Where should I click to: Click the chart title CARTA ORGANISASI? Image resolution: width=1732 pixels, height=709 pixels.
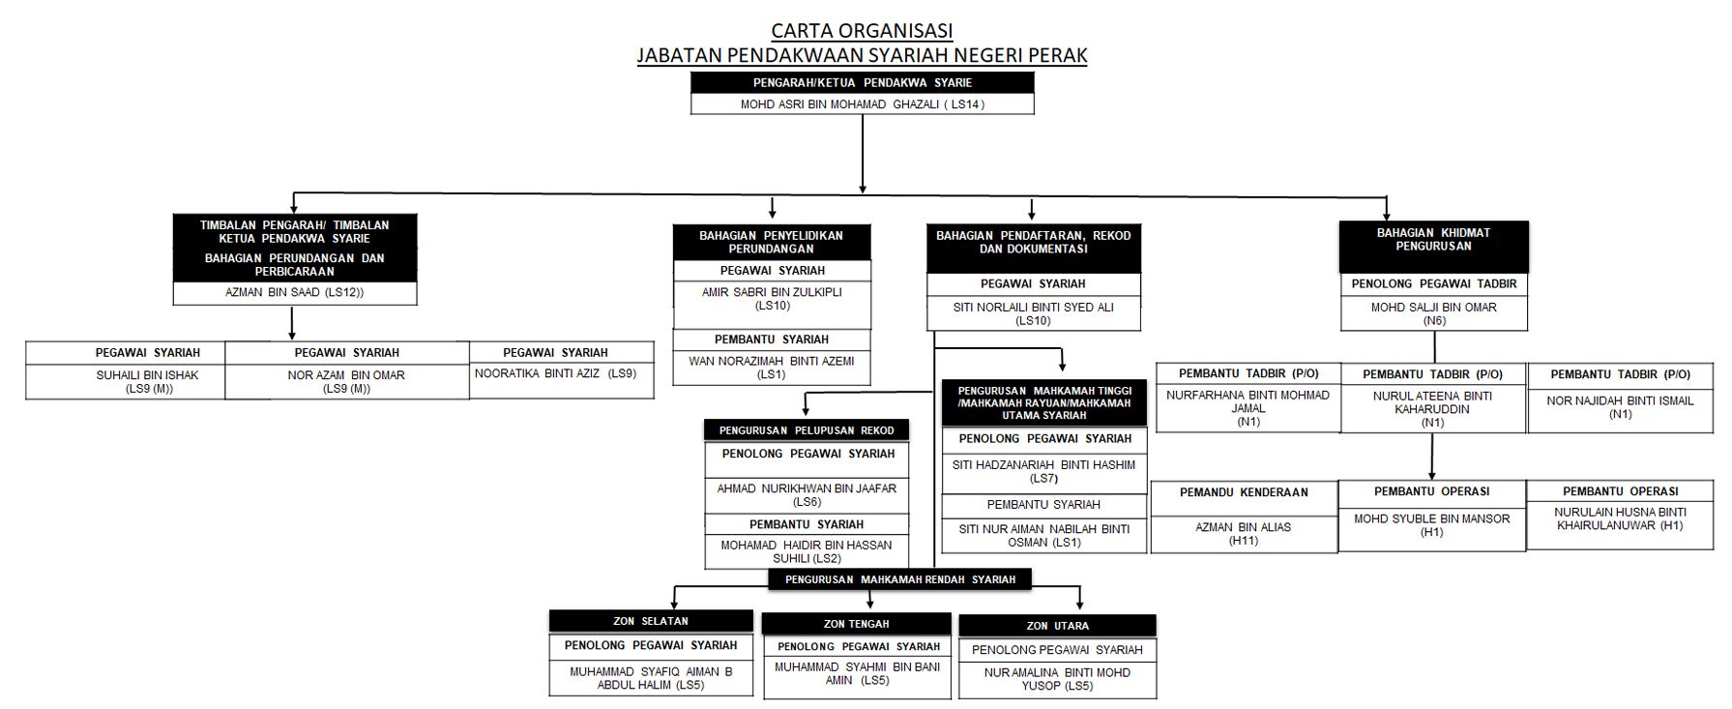pos(862,31)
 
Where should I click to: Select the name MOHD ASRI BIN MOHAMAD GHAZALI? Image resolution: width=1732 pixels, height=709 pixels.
pos(862,104)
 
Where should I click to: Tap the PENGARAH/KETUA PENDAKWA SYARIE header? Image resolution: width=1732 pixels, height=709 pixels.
pos(862,83)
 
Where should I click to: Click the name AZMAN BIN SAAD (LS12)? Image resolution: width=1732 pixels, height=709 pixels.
pos(294,292)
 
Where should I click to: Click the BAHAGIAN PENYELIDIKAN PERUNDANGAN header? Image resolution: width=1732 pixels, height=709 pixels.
pos(771,242)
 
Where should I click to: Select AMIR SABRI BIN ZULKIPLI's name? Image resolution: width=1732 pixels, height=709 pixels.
pos(772,298)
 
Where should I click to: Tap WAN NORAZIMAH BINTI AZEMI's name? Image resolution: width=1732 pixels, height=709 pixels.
pos(772,368)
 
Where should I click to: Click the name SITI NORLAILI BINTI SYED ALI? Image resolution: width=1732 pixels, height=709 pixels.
pos(1034,313)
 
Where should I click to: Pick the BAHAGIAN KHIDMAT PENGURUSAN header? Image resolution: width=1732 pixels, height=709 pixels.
pos(1433,240)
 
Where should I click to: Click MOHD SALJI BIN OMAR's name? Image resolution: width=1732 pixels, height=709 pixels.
pos(1433,313)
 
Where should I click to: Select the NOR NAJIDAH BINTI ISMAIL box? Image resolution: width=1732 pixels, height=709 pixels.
pos(1620,406)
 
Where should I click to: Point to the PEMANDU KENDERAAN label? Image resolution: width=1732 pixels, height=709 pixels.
pos(1244,492)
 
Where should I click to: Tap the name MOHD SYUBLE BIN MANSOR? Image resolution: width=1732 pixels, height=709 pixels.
pos(1431,525)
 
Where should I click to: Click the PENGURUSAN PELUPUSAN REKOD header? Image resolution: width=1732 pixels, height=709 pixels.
pos(807,430)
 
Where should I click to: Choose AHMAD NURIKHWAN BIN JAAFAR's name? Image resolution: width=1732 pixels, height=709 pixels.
pos(807,494)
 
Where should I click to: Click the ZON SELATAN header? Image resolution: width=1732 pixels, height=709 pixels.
pos(651,621)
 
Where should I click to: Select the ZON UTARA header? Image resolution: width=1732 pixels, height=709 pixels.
pos(1057,626)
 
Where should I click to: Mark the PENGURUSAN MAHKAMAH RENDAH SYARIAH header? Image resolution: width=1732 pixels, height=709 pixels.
pos(900,579)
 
